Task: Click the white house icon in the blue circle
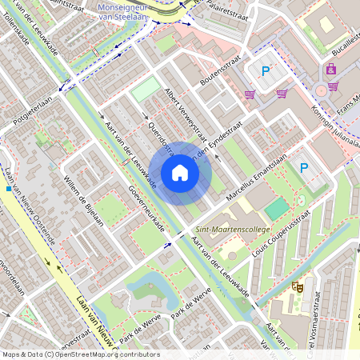click(x=180, y=173)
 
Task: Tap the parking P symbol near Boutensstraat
click(x=266, y=71)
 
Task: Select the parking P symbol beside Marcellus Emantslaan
click(x=303, y=168)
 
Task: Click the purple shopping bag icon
click(x=331, y=70)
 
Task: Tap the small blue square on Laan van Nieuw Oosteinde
click(x=8, y=189)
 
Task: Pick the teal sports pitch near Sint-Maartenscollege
click(x=276, y=210)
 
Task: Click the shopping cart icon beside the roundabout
click(x=282, y=93)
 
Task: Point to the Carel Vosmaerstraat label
click(x=337, y=328)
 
